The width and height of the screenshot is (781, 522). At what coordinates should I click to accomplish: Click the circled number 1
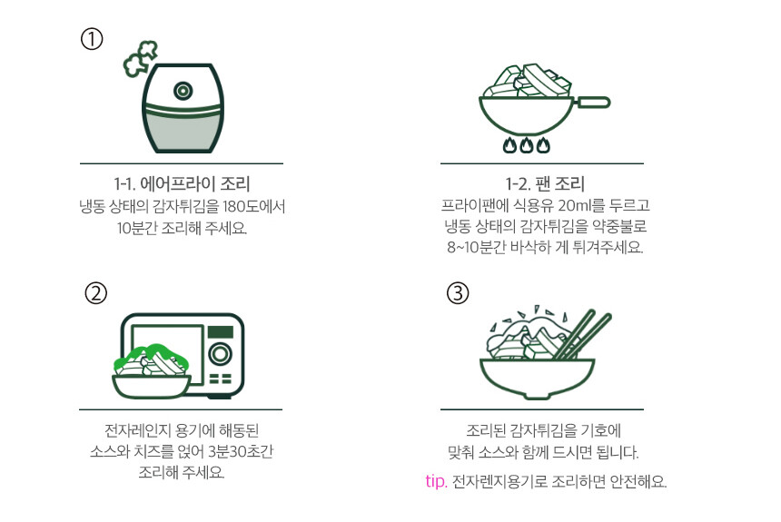coord(92,39)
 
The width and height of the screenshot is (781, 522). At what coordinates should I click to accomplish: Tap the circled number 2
coord(96,293)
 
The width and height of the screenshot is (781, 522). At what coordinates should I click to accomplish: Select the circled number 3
coord(458,293)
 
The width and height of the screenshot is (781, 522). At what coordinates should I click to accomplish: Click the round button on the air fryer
coord(183,91)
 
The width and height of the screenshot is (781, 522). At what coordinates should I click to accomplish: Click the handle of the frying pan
coord(592,103)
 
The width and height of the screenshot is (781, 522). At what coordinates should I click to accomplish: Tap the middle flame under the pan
coord(527,145)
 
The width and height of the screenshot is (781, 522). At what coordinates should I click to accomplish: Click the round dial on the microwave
coord(220,354)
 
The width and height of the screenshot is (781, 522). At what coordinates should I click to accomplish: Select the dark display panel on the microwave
coord(220,331)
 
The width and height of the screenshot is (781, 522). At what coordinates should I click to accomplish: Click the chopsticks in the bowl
coord(583,335)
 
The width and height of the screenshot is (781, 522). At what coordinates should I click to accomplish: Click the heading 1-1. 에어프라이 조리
coord(182,183)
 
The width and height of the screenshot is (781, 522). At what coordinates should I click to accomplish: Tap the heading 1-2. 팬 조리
coord(545,183)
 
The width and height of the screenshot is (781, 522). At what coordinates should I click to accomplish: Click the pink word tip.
coord(436,482)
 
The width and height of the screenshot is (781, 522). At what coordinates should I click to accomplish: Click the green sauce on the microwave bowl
coord(150,356)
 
